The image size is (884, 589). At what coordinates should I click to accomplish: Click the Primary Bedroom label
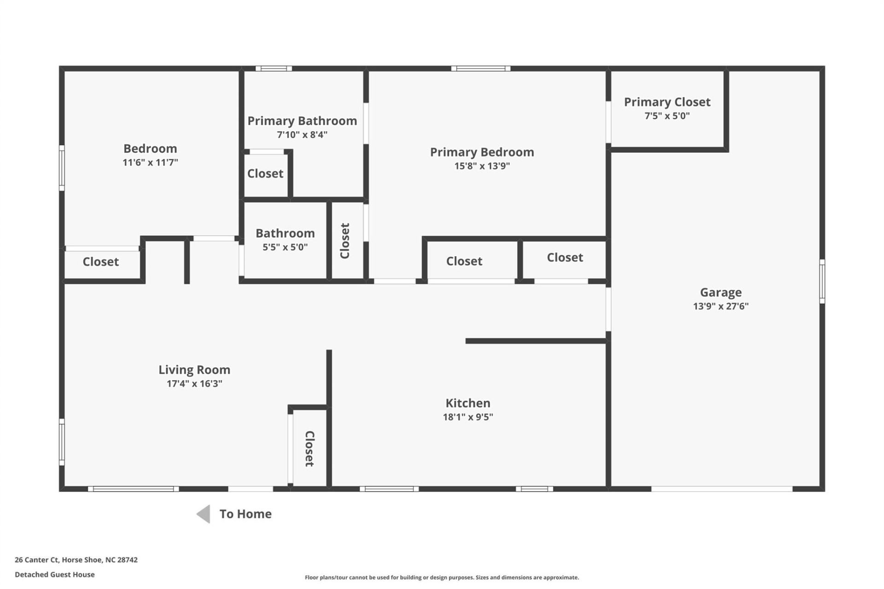pos(482,152)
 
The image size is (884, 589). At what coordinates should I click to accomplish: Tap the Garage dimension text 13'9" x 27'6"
pos(721,306)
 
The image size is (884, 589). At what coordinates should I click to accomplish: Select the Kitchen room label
pos(468,403)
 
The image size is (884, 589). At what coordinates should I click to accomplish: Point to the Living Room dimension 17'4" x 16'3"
pos(194,384)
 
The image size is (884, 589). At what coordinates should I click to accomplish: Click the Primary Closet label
pos(667,102)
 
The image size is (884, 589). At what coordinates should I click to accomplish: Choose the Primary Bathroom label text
pos(302,121)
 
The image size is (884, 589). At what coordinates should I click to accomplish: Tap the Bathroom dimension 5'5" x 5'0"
pos(285,248)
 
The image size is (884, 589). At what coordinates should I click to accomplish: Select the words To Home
pos(245,514)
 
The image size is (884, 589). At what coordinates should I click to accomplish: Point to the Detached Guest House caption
pos(55,575)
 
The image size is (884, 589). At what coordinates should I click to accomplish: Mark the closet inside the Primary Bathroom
pos(265,174)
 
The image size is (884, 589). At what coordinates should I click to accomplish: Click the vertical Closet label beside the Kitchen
pos(309,449)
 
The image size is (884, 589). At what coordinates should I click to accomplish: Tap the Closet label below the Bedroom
pos(100,262)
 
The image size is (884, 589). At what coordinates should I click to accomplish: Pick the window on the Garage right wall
pos(822,281)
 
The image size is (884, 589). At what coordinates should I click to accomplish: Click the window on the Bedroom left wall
pos(62,168)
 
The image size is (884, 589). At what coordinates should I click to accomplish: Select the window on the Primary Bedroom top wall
pos(481,69)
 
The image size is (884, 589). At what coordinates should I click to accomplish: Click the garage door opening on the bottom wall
pos(721,489)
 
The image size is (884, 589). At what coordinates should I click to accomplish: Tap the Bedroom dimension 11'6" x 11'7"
pos(150,162)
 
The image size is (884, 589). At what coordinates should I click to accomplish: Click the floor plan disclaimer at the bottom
pos(442,577)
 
